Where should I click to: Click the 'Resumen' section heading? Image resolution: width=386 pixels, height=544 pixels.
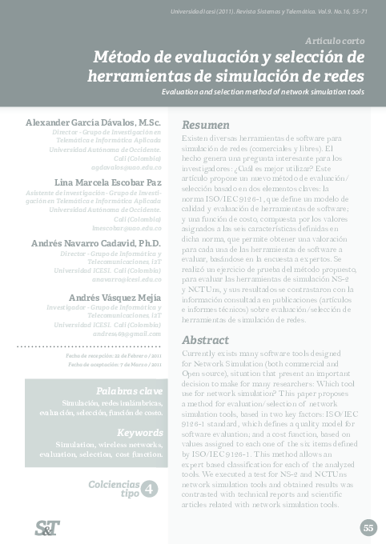(x=206, y=126)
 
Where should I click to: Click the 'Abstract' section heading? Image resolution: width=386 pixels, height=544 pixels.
(x=205, y=339)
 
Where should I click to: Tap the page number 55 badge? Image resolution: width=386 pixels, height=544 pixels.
(x=368, y=527)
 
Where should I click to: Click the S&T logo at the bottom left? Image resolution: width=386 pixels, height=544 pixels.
(x=47, y=526)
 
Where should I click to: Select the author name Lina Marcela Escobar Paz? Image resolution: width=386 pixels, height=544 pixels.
(x=107, y=182)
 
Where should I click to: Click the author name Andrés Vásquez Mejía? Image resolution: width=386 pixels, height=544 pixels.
(x=115, y=298)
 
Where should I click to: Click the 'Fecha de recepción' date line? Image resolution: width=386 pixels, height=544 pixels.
(x=114, y=354)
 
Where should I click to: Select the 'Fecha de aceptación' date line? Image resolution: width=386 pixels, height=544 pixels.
(x=115, y=364)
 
